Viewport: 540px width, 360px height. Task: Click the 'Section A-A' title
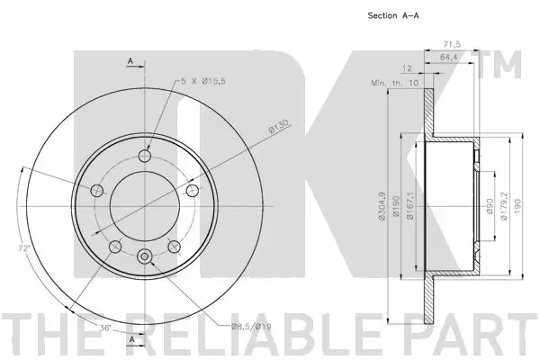(x=393, y=15)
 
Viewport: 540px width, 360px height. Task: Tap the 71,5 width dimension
(x=452, y=44)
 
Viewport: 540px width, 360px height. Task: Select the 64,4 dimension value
(x=448, y=58)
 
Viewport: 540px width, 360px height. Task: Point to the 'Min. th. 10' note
(x=395, y=83)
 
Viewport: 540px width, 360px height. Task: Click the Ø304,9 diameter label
(x=382, y=206)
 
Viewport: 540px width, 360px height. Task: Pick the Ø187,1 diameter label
(x=409, y=206)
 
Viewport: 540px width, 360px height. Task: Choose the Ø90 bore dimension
(x=490, y=206)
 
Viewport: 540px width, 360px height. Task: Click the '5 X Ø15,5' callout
(x=203, y=82)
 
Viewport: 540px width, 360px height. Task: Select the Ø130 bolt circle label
(x=278, y=126)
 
